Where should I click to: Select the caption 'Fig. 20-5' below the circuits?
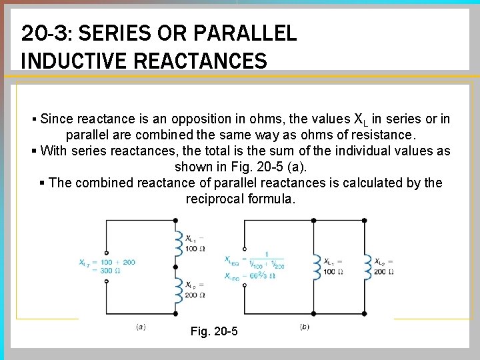[213, 331]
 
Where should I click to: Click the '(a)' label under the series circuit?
[141, 327]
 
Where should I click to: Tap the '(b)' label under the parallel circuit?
[305, 327]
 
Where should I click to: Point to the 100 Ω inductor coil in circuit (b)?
[316, 267]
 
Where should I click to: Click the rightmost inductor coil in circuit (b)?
[367, 267]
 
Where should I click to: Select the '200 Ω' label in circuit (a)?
[194, 295]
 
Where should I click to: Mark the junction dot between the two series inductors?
[175, 265]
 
